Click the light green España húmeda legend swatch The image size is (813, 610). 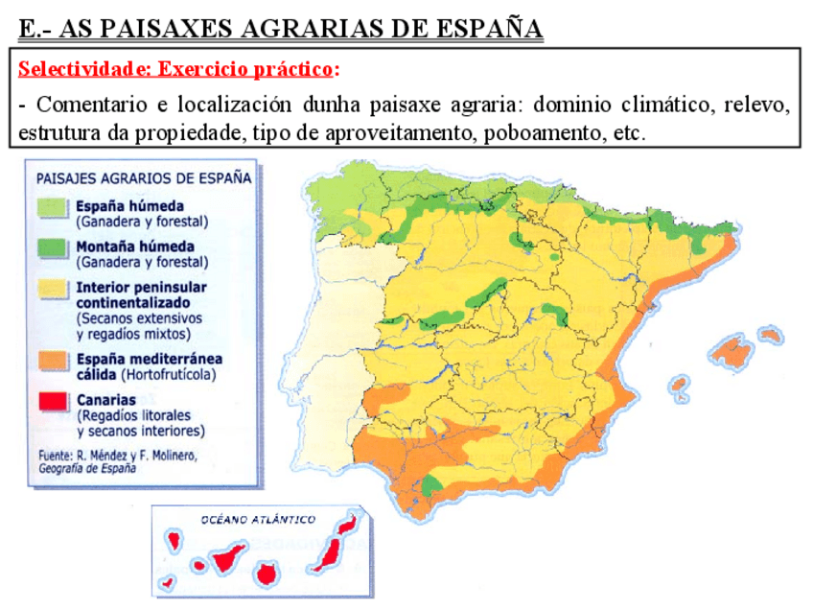(x=54, y=208)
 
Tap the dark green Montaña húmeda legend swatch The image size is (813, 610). (x=54, y=248)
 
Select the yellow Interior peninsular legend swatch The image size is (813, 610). (x=54, y=289)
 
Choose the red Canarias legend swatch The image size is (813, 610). (x=54, y=401)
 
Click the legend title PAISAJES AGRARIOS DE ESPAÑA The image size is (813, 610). (x=144, y=178)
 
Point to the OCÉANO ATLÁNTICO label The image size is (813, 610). (x=258, y=520)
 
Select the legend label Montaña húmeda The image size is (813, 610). (x=135, y=246)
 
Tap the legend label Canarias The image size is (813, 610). (x=106, y=399)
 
